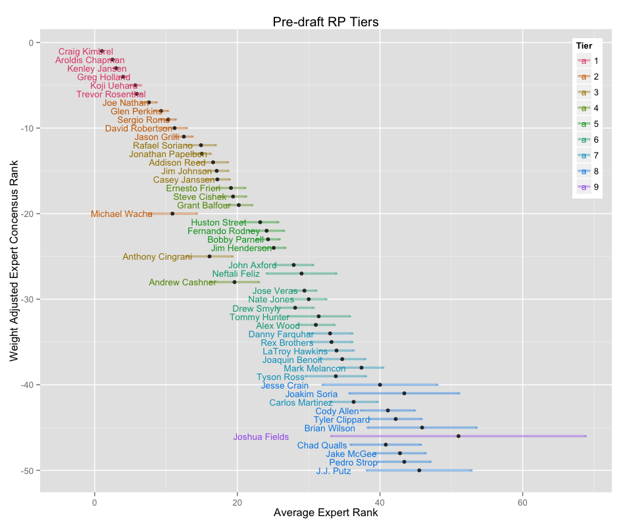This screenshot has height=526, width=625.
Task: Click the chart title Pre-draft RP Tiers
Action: pos(325,22)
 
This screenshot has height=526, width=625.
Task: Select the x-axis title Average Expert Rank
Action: pos(325,513)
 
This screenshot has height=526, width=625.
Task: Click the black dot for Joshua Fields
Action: pos(458,436)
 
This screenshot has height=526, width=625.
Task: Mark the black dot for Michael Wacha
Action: pos(172,214)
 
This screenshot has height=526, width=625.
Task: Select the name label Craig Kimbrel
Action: pos(86,51)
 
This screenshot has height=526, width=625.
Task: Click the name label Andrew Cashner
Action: pos(182,282)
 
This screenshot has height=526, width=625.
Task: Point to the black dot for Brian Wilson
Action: pos(422,427)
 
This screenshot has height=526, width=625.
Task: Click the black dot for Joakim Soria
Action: pos(404,393)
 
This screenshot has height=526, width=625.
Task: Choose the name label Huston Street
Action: pos(218,222)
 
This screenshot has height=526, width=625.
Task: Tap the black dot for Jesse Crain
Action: pos(380,385)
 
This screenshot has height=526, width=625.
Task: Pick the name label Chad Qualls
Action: pos(322,445)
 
